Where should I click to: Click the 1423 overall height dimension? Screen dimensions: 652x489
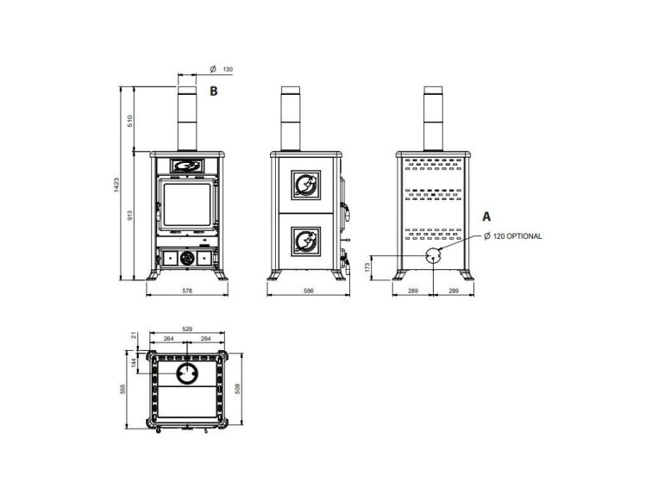[116, 185]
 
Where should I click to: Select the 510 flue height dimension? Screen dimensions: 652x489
[129, 121]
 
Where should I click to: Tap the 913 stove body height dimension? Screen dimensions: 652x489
[129, 216]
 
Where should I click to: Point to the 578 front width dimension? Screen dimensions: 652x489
[187, 292]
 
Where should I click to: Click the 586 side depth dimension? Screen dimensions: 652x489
[308, 292]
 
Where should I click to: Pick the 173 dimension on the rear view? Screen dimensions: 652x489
[367, 267]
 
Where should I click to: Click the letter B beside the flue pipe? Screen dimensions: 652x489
[213, 91]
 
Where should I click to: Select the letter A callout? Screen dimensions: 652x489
[486, 216]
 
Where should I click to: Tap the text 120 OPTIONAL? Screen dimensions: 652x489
[517, 236]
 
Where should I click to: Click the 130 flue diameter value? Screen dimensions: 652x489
[228, 70]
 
